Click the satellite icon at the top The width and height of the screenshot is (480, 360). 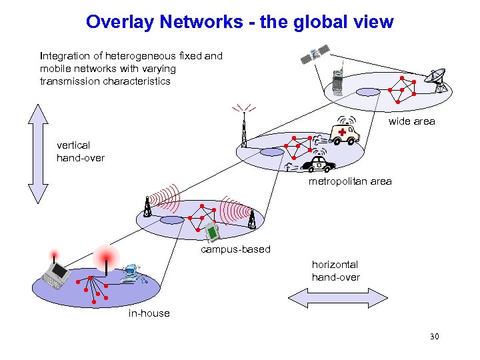[x=315, y=55]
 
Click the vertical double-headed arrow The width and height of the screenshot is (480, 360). [x=37, y=154]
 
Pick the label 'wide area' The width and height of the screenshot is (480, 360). [x=411, y=121]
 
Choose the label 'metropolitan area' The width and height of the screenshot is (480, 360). [x=350, y=181]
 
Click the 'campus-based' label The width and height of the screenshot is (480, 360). [x=236, y=249]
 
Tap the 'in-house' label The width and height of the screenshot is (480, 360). [x=149, y=313]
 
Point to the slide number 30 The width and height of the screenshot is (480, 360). [x=435, y=337]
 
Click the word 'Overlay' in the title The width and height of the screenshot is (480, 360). [x=113, y=22]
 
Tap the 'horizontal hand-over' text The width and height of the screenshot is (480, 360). [x=335, y=271]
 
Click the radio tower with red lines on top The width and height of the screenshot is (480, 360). [x=244, y=130]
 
